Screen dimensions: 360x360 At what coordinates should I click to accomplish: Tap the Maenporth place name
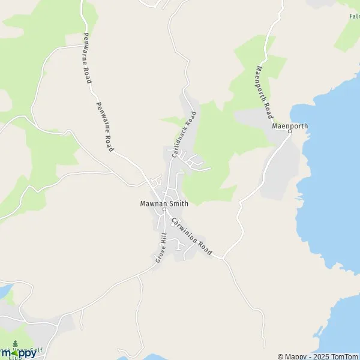pyautogui.click(x=290, y=127)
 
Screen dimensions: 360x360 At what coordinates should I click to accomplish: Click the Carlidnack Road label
pyautogui.click(x=184, y=134)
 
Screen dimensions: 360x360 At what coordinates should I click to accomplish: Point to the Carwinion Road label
pyautogui.click(x=191, y=238)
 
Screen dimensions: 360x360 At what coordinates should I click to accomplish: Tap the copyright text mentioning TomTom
pyautogui.click(x=317, y=356)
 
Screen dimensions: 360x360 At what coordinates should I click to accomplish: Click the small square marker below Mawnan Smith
pyautogui.click(x=163, y=209)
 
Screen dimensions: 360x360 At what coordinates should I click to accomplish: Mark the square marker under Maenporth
pyautogui.click(x=290, y=133)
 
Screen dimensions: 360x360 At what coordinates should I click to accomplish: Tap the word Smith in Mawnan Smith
pyautogui.click(x=178, y=203)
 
